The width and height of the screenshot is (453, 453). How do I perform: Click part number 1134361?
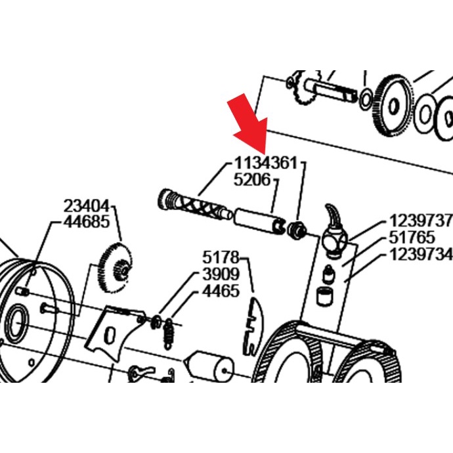coord(265,163)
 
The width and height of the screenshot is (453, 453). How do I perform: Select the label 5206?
coord(252,180)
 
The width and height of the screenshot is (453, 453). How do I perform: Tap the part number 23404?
coord(87,206)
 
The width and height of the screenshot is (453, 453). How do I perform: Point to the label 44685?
coord(87,222)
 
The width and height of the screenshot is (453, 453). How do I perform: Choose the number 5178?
coord(221,257)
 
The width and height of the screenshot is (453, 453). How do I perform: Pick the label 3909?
coord(221,274)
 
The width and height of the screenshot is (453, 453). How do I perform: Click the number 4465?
coord(221,291)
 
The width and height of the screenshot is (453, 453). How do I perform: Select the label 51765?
coord(412,238)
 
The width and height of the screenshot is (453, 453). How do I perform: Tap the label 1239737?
coord(421,221)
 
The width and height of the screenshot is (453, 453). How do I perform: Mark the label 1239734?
coord(421,255)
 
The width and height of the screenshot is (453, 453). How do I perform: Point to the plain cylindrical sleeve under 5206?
coord(259,221)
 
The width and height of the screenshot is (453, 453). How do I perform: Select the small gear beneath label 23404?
coord(115,267)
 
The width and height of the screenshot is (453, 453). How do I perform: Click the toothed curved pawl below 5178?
coord(253,326)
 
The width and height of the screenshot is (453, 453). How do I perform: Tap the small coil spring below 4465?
coord(169,334)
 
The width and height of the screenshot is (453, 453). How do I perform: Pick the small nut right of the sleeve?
coord(296,230)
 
